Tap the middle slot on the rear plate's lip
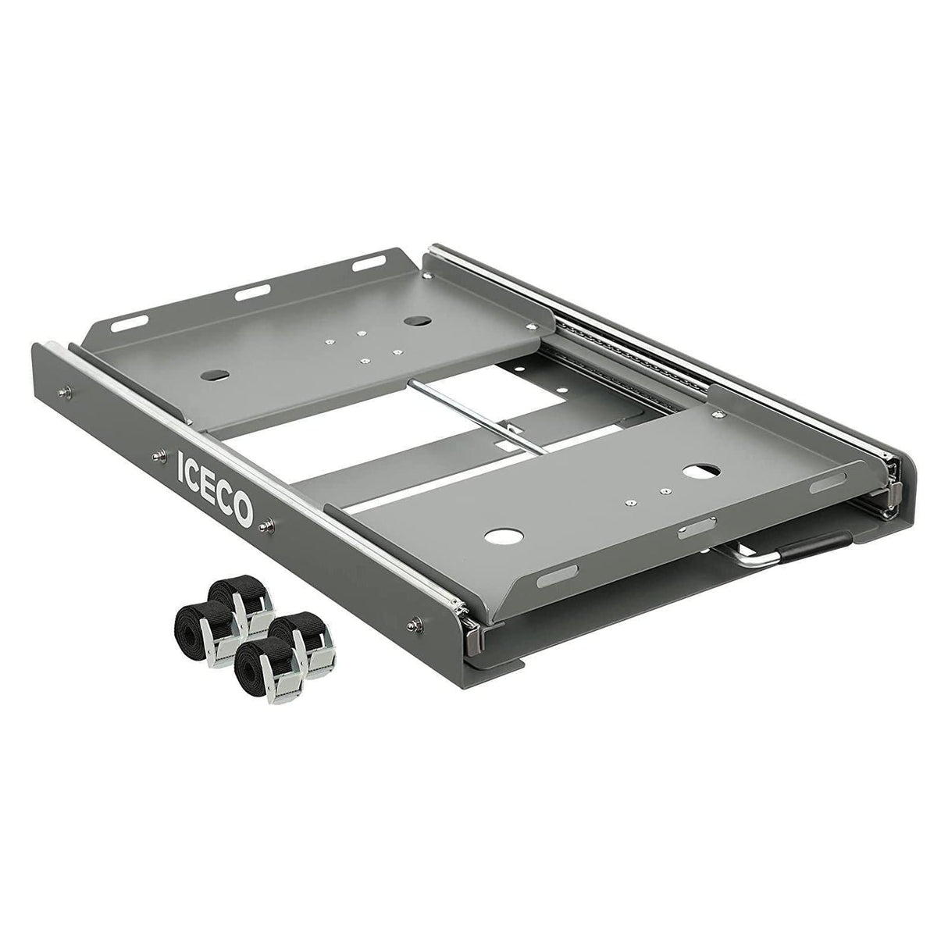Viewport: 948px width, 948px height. [x=252, y=295]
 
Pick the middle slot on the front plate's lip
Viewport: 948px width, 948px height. [x=689, y=534]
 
